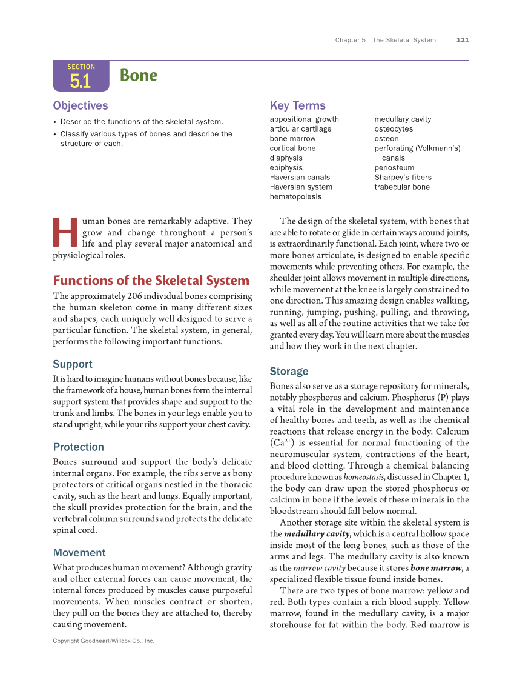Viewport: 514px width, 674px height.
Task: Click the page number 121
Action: [463, 40]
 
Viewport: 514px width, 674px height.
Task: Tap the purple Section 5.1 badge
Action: [81, 76]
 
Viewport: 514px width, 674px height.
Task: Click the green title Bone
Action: [139, 76]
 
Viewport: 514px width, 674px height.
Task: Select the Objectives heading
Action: [81, 106]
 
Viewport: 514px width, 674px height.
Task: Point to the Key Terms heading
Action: [297, 105]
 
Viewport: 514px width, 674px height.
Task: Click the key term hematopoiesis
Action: [295, 197]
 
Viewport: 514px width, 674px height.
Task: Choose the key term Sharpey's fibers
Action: [403, 178]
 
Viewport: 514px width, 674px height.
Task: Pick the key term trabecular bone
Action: [402, 187]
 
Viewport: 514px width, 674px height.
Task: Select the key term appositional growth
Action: [304, 119]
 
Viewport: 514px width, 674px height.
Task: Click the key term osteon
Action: [386, 139]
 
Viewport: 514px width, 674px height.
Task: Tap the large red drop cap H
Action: [65, 233]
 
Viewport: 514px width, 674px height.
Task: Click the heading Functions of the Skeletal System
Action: [151, 281]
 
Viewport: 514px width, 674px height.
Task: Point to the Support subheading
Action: [73, 364]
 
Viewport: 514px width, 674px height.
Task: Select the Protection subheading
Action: [78, 447]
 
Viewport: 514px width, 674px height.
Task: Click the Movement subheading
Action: [79, 553]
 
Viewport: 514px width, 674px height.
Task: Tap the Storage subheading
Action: [289, 372]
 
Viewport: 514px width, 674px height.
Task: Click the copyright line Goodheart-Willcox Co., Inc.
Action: [104, 641]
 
